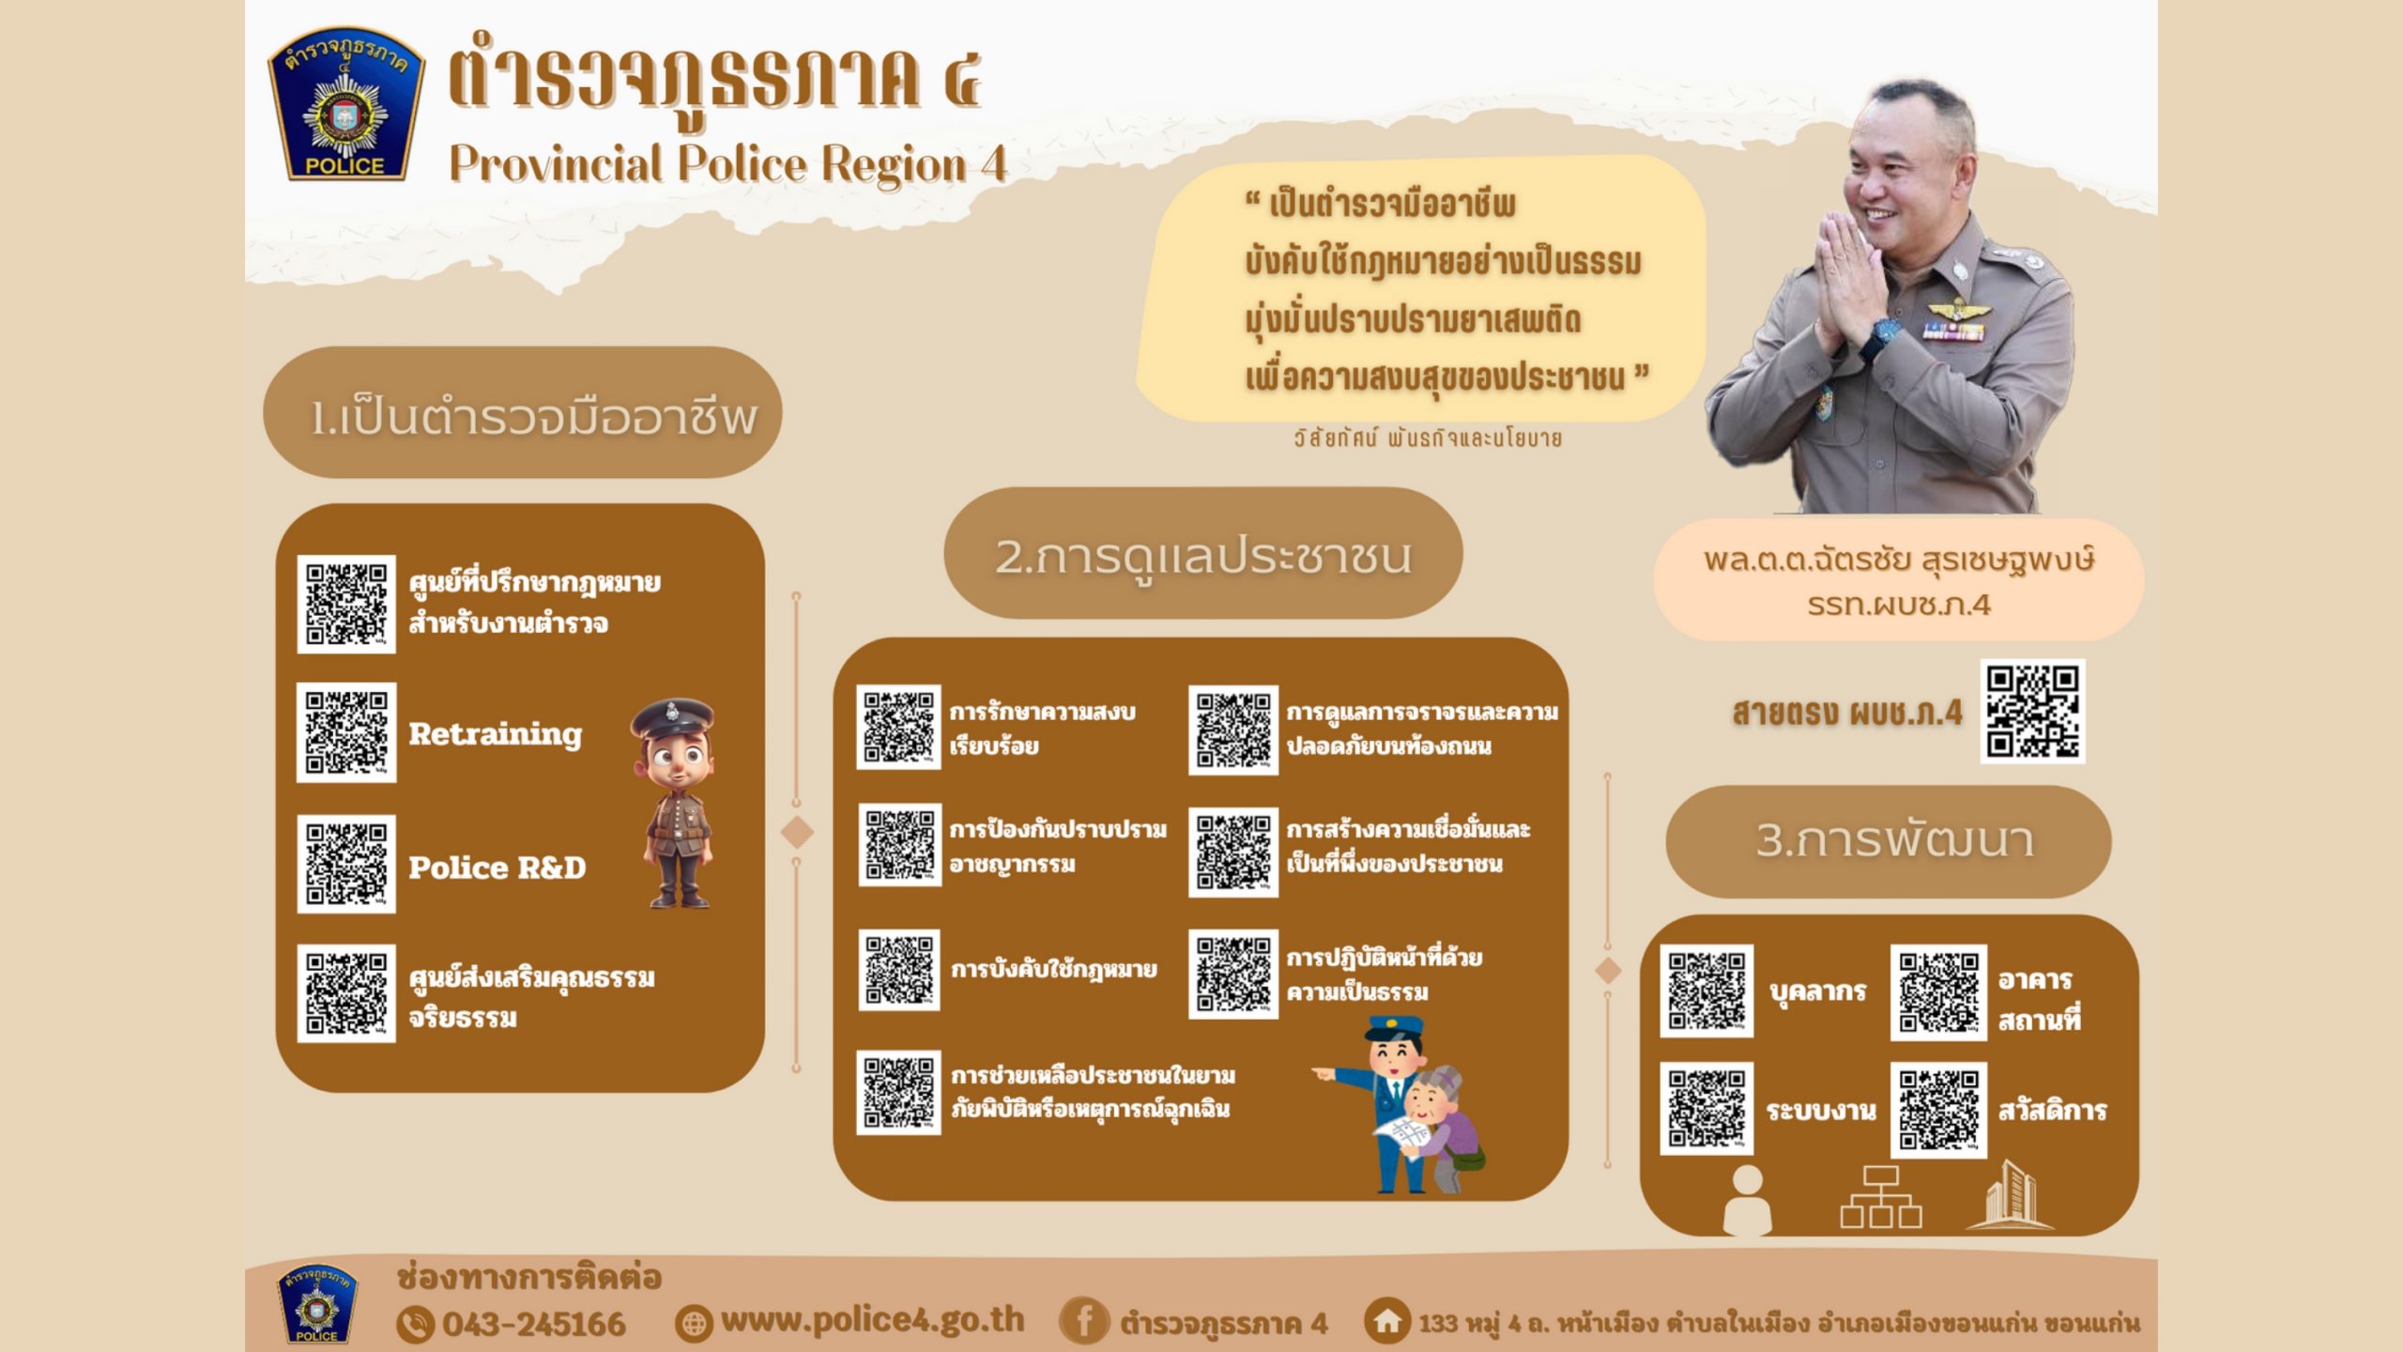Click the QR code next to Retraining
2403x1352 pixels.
[x=346, y=732]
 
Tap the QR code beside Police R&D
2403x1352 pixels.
[x=346, y=864]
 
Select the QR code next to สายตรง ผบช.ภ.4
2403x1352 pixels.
[x=2032, y=711]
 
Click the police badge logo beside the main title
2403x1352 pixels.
[x=345, y=103]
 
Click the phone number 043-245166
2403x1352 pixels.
[x=533, y=1324]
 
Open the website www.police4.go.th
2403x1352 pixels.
[x=872, y=1320]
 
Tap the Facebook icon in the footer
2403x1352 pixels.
[x=1082, y=1322]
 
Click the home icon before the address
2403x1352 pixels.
[x=1387, y=1321]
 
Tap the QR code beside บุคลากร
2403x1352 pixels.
[x=1707, y=991]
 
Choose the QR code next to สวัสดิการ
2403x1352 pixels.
[x=1938, y=1110]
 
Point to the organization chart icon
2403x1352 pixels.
[x=1881, y=1197]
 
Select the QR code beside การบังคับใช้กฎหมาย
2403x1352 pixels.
[x=898, y=969]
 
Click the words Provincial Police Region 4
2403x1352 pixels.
[x=727, y=164]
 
